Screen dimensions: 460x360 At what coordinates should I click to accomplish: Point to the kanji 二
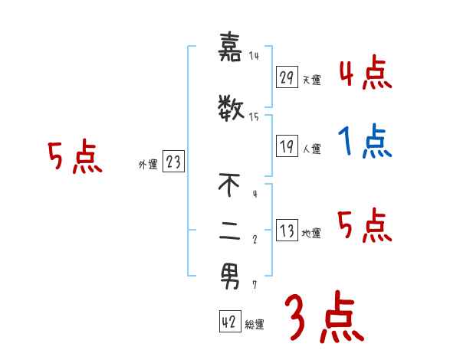pyautogui.click(x=230, y=235)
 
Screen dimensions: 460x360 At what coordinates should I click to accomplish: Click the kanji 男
pyautogui.click(x=230, y=277)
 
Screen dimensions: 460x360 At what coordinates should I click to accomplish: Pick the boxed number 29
pyautogui.click(x=287, y=77)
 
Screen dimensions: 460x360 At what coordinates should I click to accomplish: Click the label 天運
pyautogui.click(x=311, y=80)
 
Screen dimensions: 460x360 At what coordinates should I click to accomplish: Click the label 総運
pyautogui.click(x=255, y=325)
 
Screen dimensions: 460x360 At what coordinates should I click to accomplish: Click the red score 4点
pyautogui.click(x=365, y=74)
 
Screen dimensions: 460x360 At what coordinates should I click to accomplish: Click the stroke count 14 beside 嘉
pyautogui.click(x=255, y=56)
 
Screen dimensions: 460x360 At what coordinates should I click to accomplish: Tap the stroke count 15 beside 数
pyautogui.click(x=255, y=117)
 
